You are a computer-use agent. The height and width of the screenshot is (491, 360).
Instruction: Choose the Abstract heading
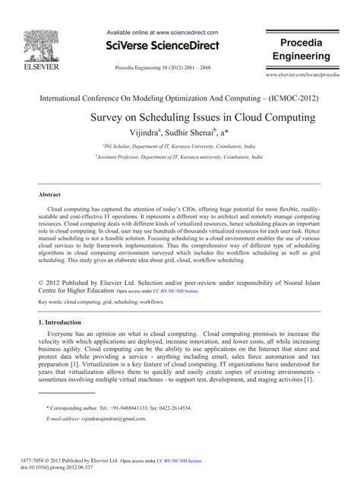click(49, 194)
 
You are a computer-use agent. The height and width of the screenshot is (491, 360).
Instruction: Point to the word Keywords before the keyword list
click(50, 302)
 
